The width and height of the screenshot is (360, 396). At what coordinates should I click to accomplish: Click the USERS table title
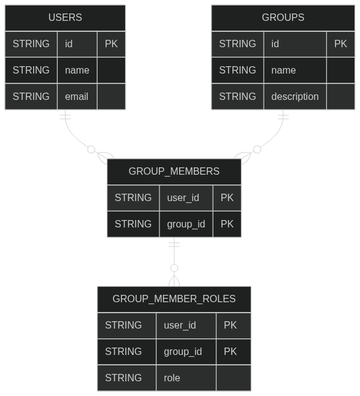(x=65, y=17)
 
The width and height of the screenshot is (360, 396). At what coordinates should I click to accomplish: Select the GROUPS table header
(x=283, y=17)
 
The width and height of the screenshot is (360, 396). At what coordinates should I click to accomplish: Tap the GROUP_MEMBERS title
(x=174, y=171)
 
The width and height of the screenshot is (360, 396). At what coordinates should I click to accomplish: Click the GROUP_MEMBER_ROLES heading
(x=174, y=299)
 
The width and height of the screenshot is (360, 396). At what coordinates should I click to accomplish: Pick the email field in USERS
(x=77, y=96)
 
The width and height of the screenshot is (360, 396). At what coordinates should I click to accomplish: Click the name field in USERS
(x=77, y=70)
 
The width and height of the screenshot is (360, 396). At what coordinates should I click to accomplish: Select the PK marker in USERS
(x=111, y=44)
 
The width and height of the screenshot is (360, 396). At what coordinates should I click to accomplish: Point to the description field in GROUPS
(x=295, y=96)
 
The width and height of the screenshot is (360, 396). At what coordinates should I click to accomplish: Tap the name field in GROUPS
(x=283, y=70)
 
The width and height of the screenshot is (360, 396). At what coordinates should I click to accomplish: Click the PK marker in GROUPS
(x=340, y=44)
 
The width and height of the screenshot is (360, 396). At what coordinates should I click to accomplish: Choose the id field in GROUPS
(x=275, y=44)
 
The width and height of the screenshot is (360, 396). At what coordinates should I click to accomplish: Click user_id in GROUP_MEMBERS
(x=183, y=198)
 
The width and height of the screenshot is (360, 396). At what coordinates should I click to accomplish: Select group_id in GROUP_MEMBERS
(x=186, y=224)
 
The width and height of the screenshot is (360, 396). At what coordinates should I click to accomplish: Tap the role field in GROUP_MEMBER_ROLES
(x=172, y=378)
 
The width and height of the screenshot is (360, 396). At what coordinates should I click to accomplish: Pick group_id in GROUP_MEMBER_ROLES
(x=183, y=351)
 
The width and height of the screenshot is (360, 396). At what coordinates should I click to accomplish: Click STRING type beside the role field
(x=123, y=378)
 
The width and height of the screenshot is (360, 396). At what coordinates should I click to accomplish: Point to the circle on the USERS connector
(x=91, y=150)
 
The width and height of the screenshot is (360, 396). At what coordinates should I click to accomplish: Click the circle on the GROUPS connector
(x=257, y=150)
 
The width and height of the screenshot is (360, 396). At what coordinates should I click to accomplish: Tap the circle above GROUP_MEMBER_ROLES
(x=174, y=268)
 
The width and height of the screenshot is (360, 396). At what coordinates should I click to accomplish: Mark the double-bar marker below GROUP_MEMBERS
(x=174, y=245)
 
